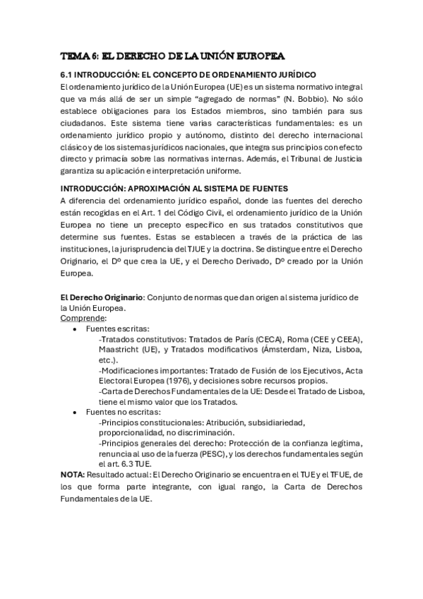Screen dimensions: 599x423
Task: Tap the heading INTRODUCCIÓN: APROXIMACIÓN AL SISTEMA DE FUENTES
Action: point(174,189)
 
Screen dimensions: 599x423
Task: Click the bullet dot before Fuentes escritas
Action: point(76,329)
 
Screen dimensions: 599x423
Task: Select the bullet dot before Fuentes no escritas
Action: point(76,411)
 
